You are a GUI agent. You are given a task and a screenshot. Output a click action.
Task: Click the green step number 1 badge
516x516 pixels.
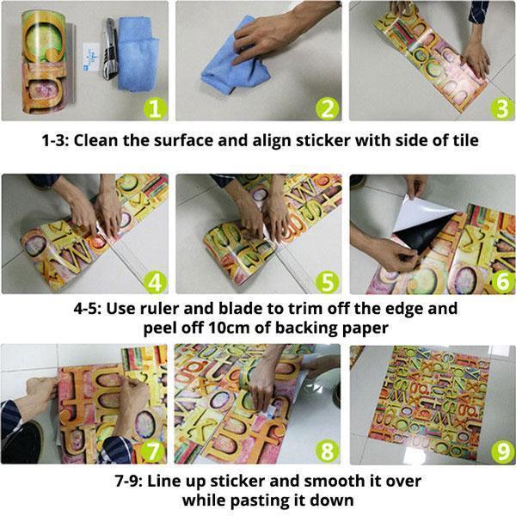pos(155,108)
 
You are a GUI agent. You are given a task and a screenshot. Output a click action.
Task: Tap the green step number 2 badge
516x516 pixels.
pos(328,108)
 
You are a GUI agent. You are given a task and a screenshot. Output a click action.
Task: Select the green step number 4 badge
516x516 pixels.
pos(155,282)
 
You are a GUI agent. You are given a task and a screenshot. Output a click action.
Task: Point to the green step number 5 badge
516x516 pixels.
pos(328,282)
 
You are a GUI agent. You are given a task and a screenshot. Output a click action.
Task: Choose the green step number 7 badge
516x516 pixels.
pos(153,451)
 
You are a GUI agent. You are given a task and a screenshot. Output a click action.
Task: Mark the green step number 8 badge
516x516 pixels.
pos(328,451)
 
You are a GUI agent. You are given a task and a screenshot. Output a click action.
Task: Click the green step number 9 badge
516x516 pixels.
pos(502,452)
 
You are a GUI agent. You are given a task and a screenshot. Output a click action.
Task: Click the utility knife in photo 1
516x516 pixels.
pos(111,48)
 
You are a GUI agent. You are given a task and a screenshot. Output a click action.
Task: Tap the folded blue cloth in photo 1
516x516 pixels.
pos(138,52)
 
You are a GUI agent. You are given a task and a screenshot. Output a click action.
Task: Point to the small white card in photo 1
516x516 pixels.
pos(91,58)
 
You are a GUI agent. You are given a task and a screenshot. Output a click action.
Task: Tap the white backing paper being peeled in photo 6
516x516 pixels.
pos(425,214)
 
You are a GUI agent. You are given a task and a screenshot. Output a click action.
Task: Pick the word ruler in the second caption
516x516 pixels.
pos(159,309)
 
